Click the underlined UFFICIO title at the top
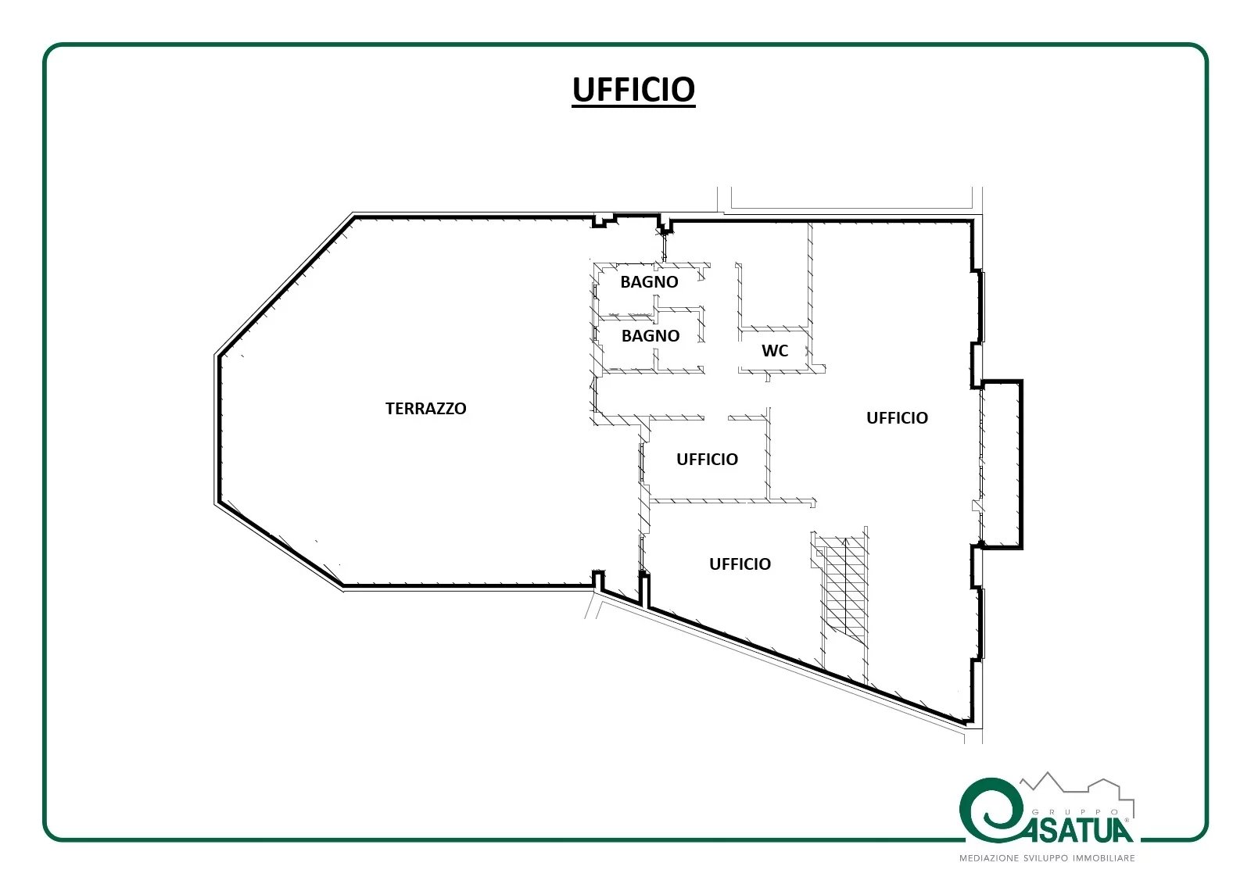point(633,89)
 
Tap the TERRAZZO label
point(425,408)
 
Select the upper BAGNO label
point(649,281)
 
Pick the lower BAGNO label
point(650,335)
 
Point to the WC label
point(775,351)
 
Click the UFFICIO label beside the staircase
point(740,564)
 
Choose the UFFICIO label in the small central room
point(707,459)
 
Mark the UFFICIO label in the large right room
point(897,417)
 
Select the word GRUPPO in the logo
point(1075,812)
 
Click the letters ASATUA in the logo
point(1080,829)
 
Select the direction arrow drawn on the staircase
point(845,586)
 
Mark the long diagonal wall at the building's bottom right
point(807,664)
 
